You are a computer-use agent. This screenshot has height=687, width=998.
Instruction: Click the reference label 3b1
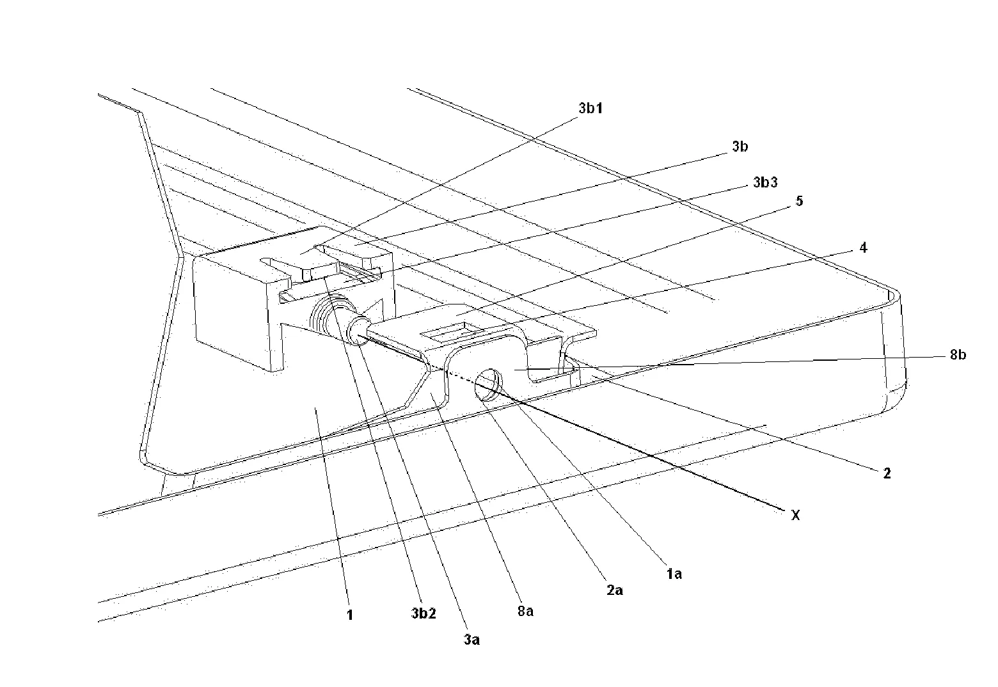point(590,108)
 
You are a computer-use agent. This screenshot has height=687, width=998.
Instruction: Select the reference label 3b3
point(765,182)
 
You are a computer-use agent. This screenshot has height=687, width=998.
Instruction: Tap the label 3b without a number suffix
point(740,146)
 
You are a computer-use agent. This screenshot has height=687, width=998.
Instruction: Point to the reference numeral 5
point(799,201)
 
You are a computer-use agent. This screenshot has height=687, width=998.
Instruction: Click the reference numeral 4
point(863,248)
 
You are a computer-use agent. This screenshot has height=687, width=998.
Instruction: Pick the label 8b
point(958,354)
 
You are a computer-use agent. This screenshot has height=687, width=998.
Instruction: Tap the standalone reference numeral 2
point(887,473)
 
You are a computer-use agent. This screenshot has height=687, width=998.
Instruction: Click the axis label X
point(795,516)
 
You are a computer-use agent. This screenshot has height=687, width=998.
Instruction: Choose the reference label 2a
point(614,591)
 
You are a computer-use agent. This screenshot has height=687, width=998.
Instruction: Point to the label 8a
point(525,612)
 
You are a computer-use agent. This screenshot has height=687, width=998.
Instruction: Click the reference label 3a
point(471,640)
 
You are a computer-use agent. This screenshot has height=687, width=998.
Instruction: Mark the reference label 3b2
point(424,613)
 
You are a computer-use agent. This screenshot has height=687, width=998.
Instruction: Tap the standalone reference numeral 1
point(350,615)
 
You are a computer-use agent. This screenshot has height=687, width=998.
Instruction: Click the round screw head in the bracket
point(489,384)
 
